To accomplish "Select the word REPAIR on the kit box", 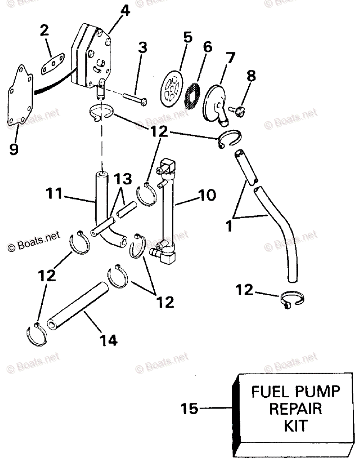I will click(x=296, y=408).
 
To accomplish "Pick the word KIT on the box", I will click(x=296, y=425).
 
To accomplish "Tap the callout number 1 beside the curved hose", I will click(x=230, y=226).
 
